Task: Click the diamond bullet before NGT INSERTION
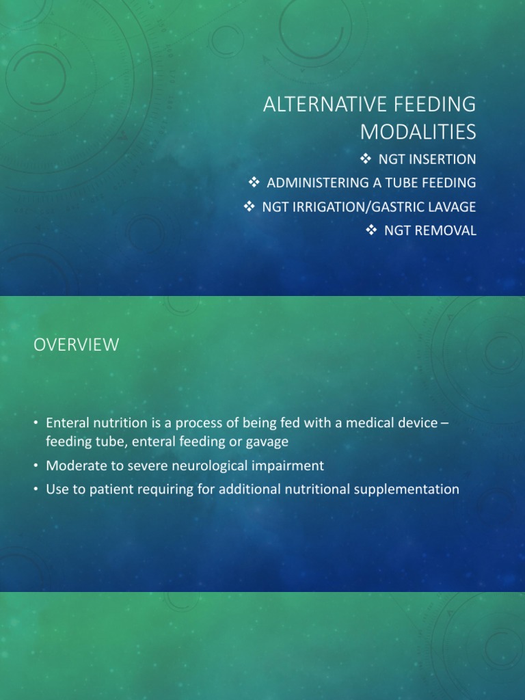pos(365,159)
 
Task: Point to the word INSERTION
pos(442,159)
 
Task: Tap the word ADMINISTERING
pos(319,183)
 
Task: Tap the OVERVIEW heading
pos(76,345)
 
